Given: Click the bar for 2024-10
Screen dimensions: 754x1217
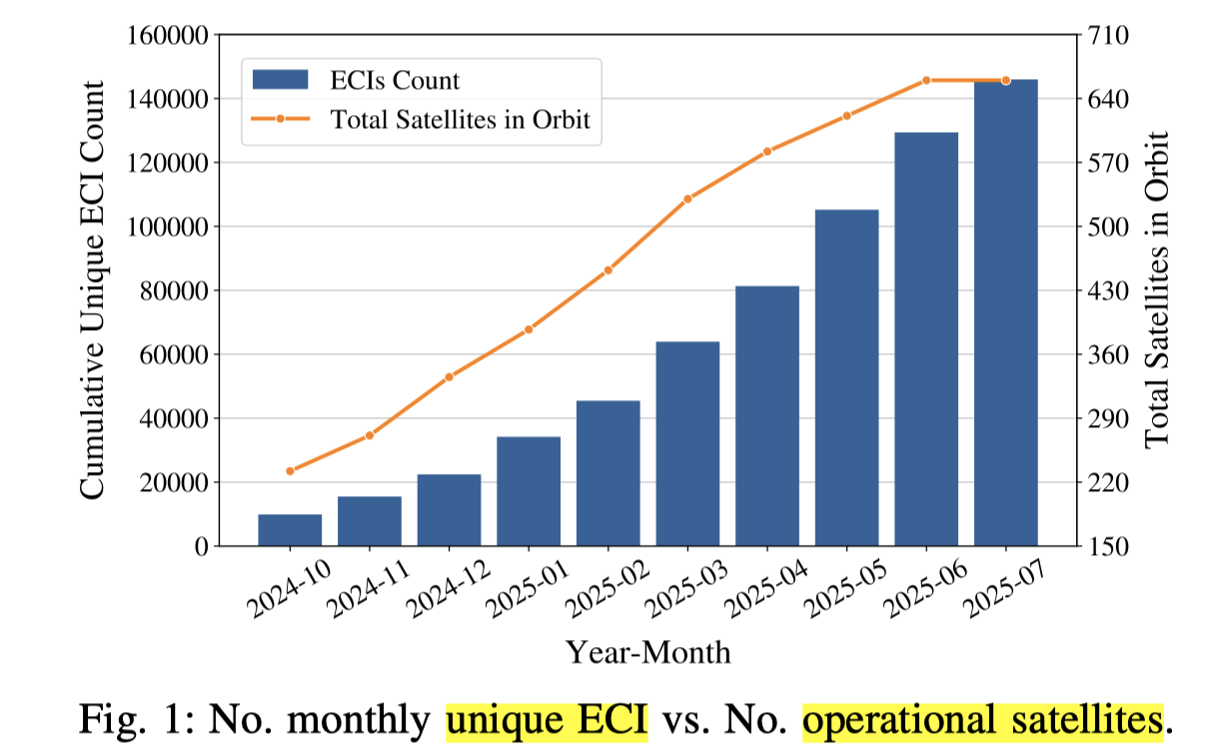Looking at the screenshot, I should coord(290,530).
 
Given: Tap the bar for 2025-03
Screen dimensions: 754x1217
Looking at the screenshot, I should coord(687,444).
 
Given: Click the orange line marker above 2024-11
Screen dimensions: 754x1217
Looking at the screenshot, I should coord(370,435).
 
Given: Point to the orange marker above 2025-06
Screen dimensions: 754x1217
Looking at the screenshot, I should coord(926,80).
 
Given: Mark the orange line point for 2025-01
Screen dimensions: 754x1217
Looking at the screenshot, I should coord(529,329).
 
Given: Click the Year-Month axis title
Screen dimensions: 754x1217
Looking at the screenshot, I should coord(648,653).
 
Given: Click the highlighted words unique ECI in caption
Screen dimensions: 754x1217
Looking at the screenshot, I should coord(548,717).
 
